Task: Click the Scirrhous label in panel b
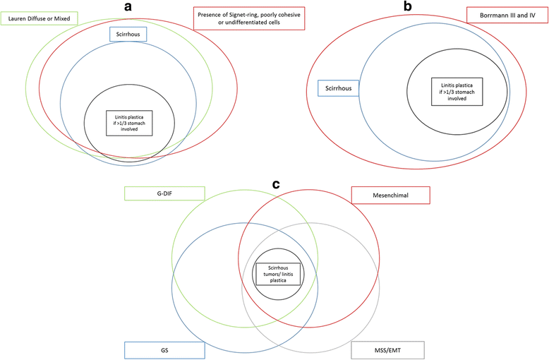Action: coord(339,88)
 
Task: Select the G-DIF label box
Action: coord(164,194)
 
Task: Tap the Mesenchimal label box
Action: coord(390,194)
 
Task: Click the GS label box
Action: coord(164,350)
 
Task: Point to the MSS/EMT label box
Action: coord(387,350)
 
